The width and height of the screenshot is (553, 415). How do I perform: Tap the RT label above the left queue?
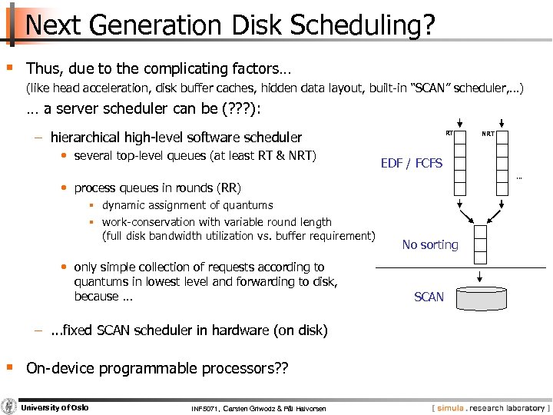[451, 134]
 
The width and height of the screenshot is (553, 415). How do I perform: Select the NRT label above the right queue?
[488, 134]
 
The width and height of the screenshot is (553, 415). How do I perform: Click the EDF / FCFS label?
[412, 163]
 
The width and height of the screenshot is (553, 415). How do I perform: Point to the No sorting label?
[430, 244]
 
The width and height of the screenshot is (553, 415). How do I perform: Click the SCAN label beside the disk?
[429, 297]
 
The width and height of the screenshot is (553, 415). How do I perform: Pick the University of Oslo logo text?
[54, 407]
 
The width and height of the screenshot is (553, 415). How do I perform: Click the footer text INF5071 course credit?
[258, 407]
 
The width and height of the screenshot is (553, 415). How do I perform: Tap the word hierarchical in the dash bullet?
[88, 138]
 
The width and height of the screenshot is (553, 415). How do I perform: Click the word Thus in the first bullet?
[41, 68]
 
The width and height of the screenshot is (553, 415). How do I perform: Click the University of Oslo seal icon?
[9, 407]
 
